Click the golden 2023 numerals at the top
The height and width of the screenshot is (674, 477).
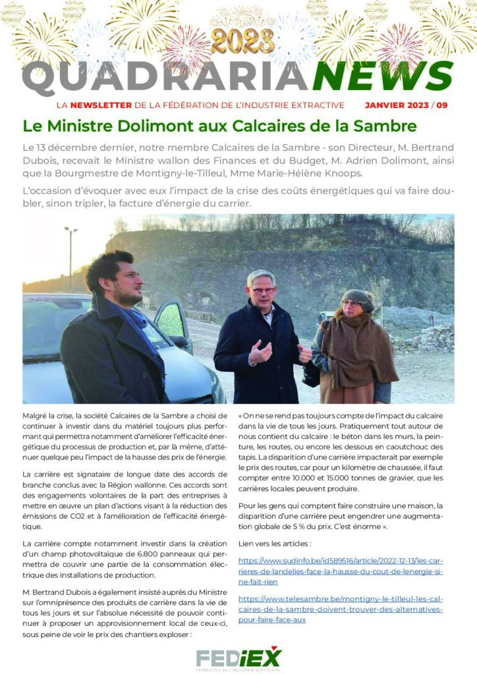pyautogui.click(x=242, y=41)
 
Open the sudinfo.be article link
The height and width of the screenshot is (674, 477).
pyautogui.click(x=340, y=571)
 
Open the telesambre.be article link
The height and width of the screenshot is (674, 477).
pyautogui.click(x=340, y=609)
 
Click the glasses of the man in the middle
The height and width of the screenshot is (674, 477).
pyautogui.click(x=263, y=290)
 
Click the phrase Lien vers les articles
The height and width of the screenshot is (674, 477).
pyautogui.click(x=274, y=544)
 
